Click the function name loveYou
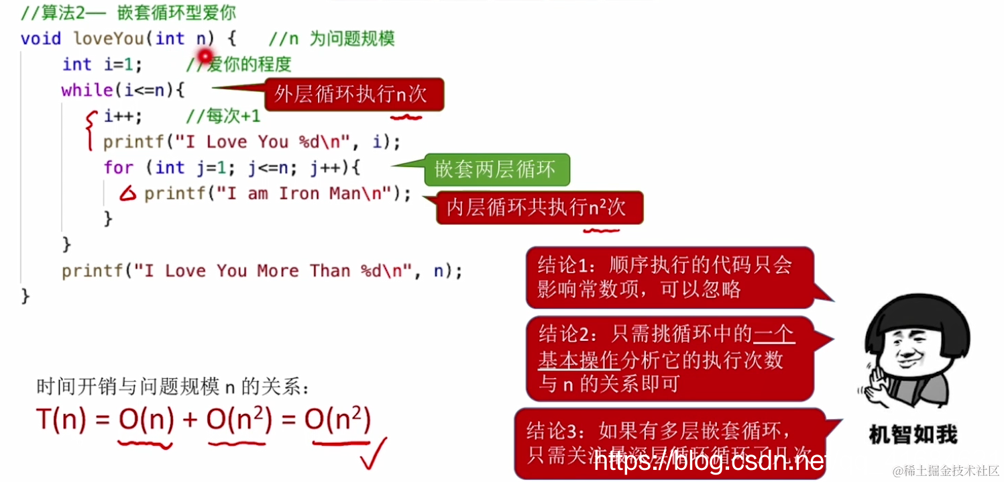(x=108, y=38)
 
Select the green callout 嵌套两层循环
(x=496, y=170)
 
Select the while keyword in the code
(x=87, y=90)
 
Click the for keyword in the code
(x=118, y=167)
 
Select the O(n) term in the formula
(x=146, y=420)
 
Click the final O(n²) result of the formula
(x=337, y=420)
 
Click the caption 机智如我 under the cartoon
(x=913, y=434)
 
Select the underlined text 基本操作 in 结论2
(x=578, y=360)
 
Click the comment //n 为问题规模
(x=331, y=38)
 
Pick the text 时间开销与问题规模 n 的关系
(x=173, y=387)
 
